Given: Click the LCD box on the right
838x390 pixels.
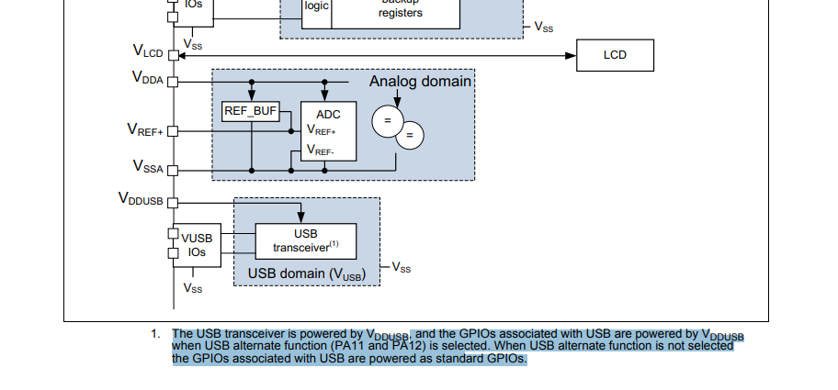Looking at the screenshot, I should (615, 55).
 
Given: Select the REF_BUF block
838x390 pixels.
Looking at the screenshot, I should (250, 112).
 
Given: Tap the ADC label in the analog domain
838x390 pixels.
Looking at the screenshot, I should (328, 115).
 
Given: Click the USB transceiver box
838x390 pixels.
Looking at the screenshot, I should (305, 241).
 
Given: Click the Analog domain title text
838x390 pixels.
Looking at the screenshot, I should (419, 82).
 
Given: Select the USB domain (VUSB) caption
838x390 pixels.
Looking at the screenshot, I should (307, 273).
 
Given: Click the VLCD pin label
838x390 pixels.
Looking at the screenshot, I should (147, 53).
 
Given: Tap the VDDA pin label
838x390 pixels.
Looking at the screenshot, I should (147, 79).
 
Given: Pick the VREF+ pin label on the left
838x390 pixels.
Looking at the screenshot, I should (144, 130).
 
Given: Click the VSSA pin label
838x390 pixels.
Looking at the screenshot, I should (147, 168).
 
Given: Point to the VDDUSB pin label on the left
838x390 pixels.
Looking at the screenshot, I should (141, 198).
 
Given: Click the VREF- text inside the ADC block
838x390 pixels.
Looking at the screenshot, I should (321, 150).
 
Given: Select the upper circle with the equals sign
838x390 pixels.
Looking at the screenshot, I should (387, 121).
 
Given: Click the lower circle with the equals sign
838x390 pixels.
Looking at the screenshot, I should (410, 136).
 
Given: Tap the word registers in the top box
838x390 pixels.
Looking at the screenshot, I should (400, 14).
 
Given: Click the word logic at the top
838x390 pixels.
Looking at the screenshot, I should (316, 6).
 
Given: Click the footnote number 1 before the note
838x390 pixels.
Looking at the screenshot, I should (156, 333).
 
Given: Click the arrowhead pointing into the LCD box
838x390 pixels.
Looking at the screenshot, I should (572, 56).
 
